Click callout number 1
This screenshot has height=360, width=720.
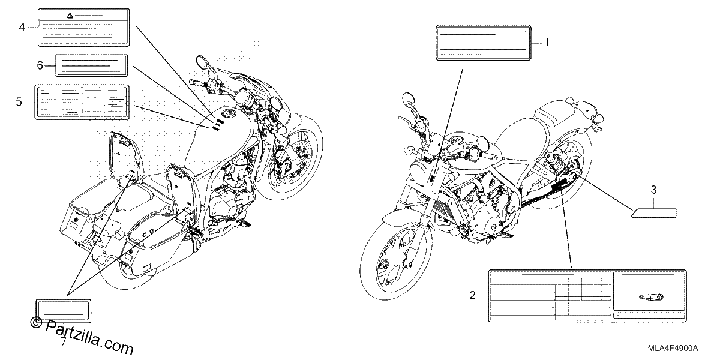click(x=547, y=43)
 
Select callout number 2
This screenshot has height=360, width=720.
click(x=472, y=295)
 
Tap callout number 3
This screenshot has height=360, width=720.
click(x=653, y=190)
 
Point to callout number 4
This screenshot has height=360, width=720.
click(x=22, y=28)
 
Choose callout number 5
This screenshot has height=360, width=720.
click(x=19, y=102)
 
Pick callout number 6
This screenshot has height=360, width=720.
click(x=40, y=65)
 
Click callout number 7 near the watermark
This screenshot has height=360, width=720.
click(x=64, y=341)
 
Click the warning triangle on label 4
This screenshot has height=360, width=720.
click(x=70, y=15)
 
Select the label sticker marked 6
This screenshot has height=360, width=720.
click(x=92, y=65)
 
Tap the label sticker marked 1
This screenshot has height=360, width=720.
click(x=484, y=43)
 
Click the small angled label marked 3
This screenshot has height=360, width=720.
click(x=654, y=213)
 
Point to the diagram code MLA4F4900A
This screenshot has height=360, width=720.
click(x=673, y=348)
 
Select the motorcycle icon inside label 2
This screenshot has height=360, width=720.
click(x=651, y=298)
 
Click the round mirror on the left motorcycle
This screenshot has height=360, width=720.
click(x=202, y=62)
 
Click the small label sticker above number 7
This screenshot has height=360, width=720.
click(x=64, y=311)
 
